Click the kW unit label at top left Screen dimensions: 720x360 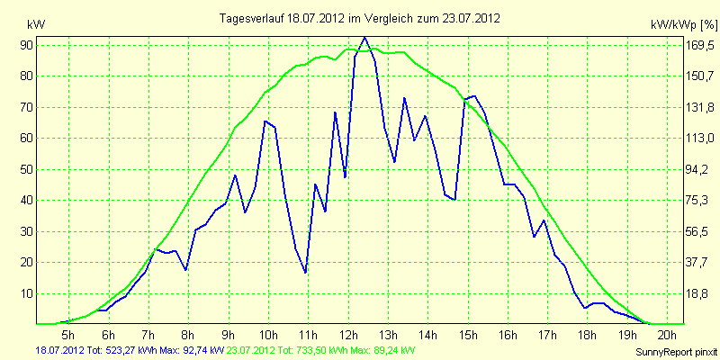pyautogui.click(x=36, y=25)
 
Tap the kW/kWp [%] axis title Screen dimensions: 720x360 pyautogui.click(x=684, y=25)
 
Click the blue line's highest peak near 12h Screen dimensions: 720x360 pyautogui.click(x=364, y=37)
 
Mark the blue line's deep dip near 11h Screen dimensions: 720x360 pyautogui.click(x=305, y=273)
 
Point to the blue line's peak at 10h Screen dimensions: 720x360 pyautogui.click(x=265, y=121)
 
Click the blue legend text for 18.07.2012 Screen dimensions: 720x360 pyautogui.click(x=130, y=350)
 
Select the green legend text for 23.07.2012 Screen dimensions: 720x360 pyautogui.click(x=317, y=350)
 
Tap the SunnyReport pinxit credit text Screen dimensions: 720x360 pyautogui.click(x=676, y=352)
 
